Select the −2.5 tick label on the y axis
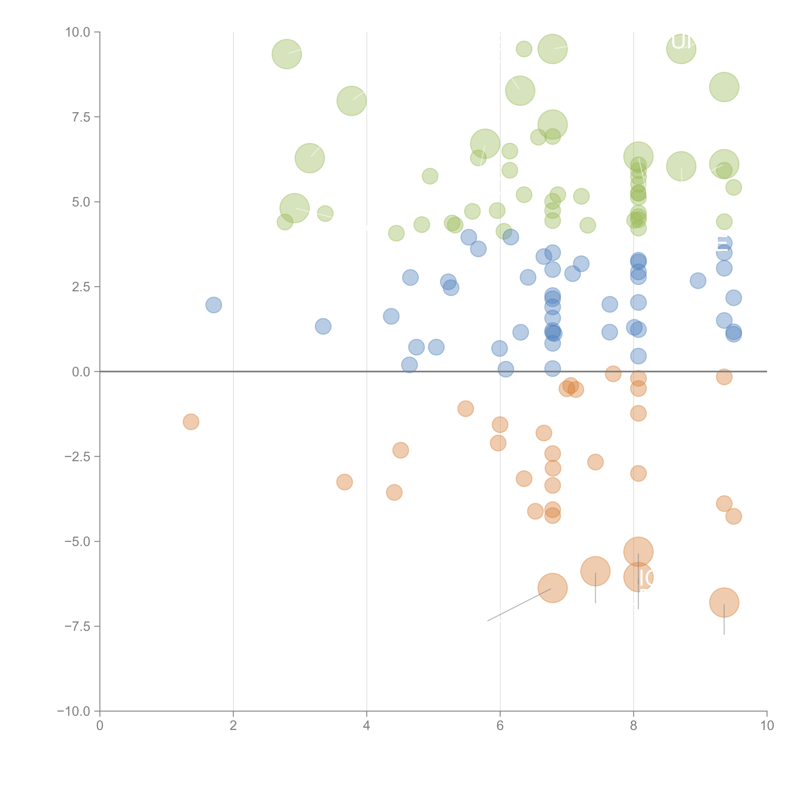pos(77,457)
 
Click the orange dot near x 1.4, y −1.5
pos(191,422)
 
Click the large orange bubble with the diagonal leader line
pos(553,588)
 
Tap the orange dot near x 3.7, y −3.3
pos(345,482)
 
